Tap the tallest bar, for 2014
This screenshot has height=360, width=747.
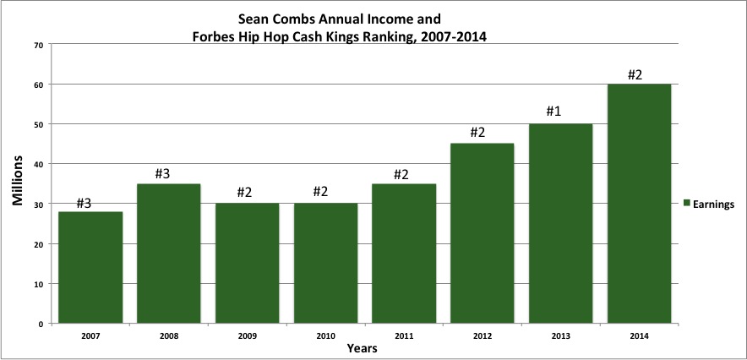[639, 204]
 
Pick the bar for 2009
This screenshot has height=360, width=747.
[247, 263]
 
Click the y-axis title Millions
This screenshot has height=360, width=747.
[16, 184]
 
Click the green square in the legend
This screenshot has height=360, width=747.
[687, 203]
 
